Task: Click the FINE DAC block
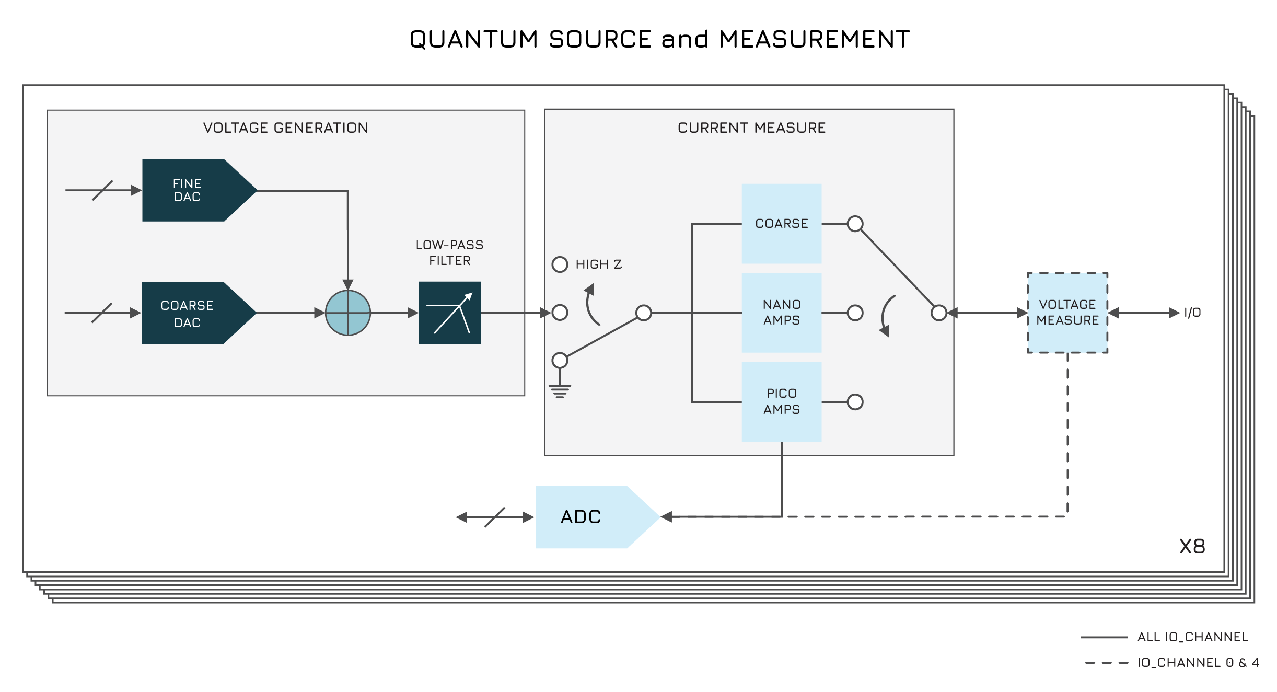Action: (188, 190)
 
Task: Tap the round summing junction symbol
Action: (348, 313)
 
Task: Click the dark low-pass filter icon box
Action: (449, 313)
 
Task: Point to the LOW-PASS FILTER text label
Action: (449, 252)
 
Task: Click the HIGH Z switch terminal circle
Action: (560, 264)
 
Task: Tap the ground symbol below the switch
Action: (560, 391)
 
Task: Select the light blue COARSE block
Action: (781, 224)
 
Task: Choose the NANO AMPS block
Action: (781, 313)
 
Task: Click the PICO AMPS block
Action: (781, 401)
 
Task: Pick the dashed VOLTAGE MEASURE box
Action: (1067, 313)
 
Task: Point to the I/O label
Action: (1192, 313)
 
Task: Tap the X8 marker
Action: (1192, 547)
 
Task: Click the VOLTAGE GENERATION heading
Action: (285, 128)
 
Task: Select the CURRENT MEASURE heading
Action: (751, 128)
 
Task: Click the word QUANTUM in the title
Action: (473, 40)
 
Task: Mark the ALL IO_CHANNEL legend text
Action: (1192, 637)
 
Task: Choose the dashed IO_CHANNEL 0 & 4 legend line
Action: (1106, 663)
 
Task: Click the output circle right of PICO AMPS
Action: (855, 402)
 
